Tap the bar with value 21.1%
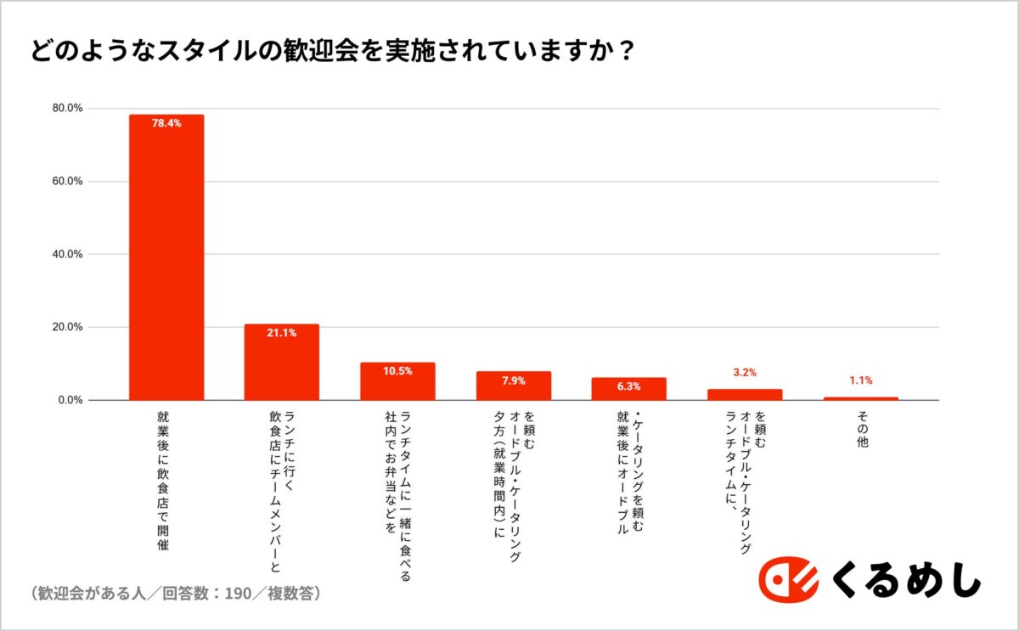tap(282, 362)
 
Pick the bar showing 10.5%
tap(397, 381)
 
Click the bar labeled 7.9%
tap(513, 386)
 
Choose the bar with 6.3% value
tap(628, 389)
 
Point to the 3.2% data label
tap(744, 373)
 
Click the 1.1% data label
tap(860, 380)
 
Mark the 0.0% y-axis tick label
tap(69, 400)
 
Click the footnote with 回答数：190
tap(175, 593)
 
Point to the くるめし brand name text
tap(904, 581)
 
